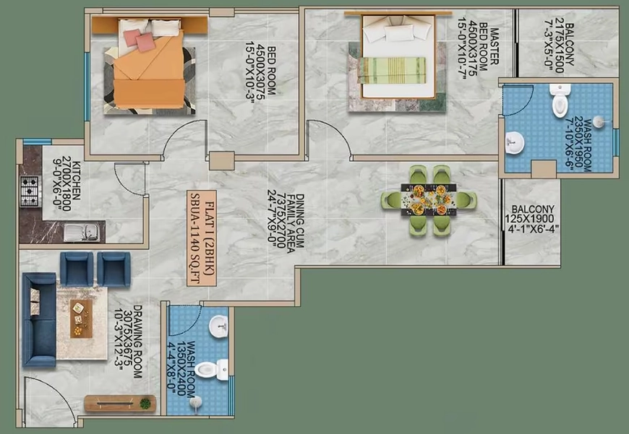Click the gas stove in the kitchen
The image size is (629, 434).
(x=30, y=191)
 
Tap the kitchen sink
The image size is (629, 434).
(x=82, y=233)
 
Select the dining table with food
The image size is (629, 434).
(x=429, y=199)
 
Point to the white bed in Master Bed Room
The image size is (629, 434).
(x=399, y=56)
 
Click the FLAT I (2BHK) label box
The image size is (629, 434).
(x=202, y=238)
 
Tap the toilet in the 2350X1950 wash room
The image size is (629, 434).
(x=560, y=100)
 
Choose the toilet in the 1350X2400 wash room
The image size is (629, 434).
(x=211, y=370)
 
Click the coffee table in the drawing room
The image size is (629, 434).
(x=81, y=318)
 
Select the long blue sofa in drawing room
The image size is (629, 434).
(x=39, y=319)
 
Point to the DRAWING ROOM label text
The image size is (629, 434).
(x=137, y=342)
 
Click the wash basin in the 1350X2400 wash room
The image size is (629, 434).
(x=218, y=326)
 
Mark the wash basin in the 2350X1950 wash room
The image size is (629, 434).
(x=515, y=142)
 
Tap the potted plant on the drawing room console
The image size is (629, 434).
(x=145, y=403)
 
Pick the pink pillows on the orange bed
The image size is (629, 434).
(x=140, y=40)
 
